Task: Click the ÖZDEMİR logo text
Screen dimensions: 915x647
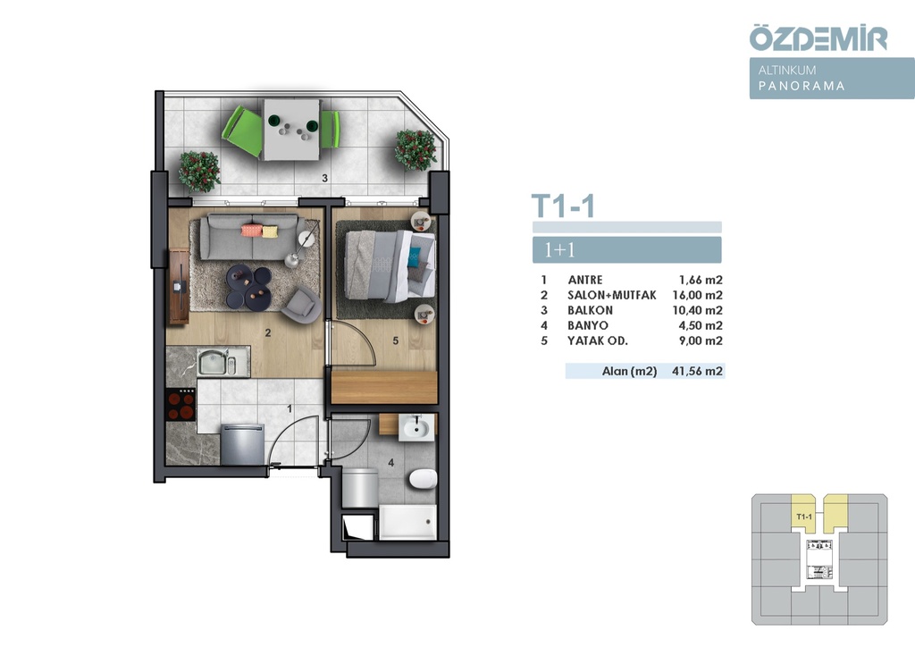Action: click(x=818, y=38)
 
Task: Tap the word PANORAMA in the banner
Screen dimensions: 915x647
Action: click(x=802, y=86)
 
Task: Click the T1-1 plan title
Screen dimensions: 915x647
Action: click(x=563, y=206)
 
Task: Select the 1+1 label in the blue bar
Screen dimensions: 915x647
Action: click(x=559, y=249)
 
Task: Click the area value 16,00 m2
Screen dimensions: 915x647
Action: click(x=697, y=295)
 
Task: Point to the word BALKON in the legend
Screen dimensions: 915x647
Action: click(x=590, y=310)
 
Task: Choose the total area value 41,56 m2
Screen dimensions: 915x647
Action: click(x=697, y=371)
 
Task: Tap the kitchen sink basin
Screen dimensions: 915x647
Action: click(x=212, y=362)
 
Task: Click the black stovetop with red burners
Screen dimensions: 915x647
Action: click(x=180, y=405)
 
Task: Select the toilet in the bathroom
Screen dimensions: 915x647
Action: click(x=423, y=480)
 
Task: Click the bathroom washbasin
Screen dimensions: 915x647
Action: click(x=416, y=428)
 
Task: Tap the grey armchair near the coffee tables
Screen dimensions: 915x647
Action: click(x=301, y=304)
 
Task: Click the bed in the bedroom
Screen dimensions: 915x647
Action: click(x=390, y=265)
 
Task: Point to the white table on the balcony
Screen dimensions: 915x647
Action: click(x=291, y=130)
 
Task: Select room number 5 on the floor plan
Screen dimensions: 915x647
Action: click(x=396, y=340)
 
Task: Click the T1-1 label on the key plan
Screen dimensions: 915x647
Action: click(x=803, y=517)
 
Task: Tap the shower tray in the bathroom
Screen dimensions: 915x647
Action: click(x=407, y=522)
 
